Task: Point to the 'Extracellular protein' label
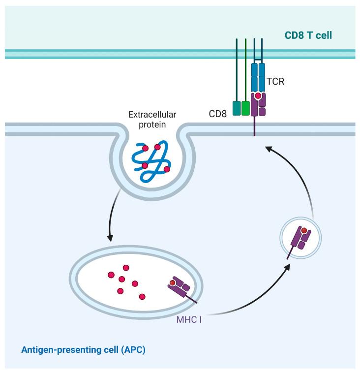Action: coord(152,119)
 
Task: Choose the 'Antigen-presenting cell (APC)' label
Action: coord(83,350)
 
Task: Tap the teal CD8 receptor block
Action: coord(236,108)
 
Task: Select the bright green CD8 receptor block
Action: coord(245,108)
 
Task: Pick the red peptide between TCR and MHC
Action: coord(258,96)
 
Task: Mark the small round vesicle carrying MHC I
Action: coord(300,240)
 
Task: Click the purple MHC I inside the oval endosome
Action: coord(180,288)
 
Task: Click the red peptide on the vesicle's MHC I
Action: coord(304,230)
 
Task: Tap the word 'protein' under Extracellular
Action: coord(152,124)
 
